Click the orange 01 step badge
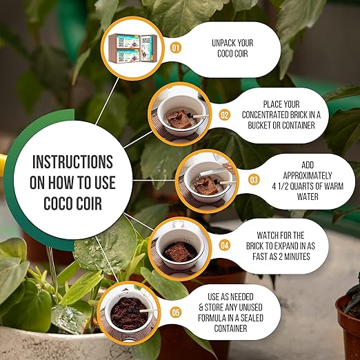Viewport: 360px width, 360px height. [176, 48]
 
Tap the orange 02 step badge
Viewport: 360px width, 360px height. [224, 114]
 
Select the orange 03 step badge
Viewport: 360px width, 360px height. [254, 180]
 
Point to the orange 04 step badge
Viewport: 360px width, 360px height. [224, 246]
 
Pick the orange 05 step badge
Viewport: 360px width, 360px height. [176, 312]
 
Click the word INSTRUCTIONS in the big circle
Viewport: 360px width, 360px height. [72, 162]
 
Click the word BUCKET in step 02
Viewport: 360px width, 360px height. [259, 126]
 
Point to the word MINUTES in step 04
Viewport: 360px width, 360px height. [297, 256]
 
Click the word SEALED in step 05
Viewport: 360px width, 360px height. [251, 318]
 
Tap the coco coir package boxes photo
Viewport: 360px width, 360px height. [133, 48]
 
